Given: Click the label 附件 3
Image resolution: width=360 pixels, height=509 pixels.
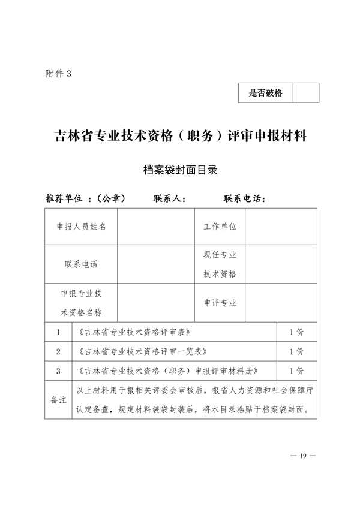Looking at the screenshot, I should pyautogui.click(x=58, y=73).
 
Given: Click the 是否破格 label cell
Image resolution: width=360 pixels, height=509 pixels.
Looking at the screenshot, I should pyautogui.click(x=265, y=93).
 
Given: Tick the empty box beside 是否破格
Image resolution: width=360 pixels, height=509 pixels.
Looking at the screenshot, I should pyautogui.click(x=305, y=93).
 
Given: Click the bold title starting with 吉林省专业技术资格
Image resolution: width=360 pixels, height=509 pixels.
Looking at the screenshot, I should pyautogui.click(x=181, y=136).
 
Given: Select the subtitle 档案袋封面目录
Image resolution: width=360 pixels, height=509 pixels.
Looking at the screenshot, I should pyautogui.click(x=180, y=170).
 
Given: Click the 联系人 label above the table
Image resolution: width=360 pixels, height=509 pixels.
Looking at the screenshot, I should pyautogui.click(x=173, y=198).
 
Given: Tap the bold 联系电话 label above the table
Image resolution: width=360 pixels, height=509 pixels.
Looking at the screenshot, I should pyautogui.click(x=244, y=198).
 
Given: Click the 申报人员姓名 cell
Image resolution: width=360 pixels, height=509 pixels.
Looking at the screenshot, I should pyautogui.click(x=81, y=227).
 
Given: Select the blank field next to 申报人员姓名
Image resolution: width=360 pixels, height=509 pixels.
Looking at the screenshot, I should pyautogui.click(x=156, y=227).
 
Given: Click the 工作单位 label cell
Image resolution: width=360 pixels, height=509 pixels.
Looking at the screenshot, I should pyautogui.click(x=220, y=227).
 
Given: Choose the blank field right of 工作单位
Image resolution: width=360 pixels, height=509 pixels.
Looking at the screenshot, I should pyautogui.click(x=281, y=227).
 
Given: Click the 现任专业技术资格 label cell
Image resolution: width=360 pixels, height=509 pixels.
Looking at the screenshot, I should pyautogui.click(x=220, y=264).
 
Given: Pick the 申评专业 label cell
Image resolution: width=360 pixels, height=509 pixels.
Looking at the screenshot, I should pyautogui.click(x=220, y=303).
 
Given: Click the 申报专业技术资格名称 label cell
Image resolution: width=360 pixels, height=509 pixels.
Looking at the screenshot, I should pyautogui.click(x=81, y=303).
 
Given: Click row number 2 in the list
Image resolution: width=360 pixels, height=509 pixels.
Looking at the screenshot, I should pyautogui.click(x=58, y=351).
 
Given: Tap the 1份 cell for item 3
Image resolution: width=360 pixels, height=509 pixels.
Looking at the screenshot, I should pyautogui.click(x=296, y=371).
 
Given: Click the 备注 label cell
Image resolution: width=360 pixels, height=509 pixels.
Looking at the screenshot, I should pyautogui.click(x=58, y=400).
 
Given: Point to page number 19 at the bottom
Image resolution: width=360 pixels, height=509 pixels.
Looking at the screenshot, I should pyautogui.click(x=303, y=456).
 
